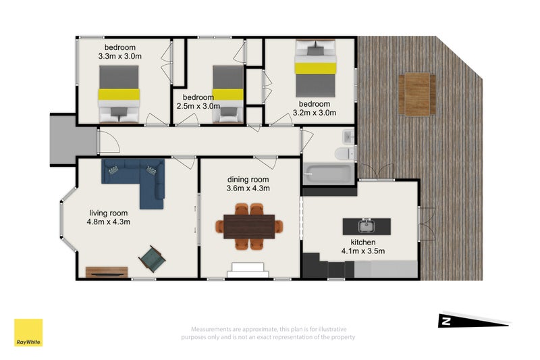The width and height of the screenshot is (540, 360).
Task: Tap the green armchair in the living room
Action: pos(152,259)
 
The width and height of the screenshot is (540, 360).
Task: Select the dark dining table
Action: pos(249,226)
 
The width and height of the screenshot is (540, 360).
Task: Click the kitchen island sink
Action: pos(367,226)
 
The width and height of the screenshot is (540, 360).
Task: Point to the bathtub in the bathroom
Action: pos(329,174)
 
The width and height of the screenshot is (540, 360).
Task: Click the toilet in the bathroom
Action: pos(345,153)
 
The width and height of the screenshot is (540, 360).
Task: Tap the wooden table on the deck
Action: pos(417,94)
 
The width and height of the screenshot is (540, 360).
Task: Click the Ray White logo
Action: pos(28,332)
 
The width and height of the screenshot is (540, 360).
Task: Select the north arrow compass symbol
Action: pos(474,321)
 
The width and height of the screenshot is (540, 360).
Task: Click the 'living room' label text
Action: pos(109,213)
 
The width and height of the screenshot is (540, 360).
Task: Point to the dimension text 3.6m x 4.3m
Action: pos(248,188)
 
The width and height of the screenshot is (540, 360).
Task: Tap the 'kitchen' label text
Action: pos(363,242)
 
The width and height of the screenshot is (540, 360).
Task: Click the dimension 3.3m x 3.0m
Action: pos(120,56)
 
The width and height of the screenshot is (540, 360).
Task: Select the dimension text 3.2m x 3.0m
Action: pos(315,113)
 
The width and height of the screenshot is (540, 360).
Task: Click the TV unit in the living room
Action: pos(107,272)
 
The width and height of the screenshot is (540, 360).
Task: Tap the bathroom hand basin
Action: pos(348,136)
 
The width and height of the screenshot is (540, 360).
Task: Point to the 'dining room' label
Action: pos(248,180)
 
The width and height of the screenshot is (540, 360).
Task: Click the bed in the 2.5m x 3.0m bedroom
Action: pos(228,94)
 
